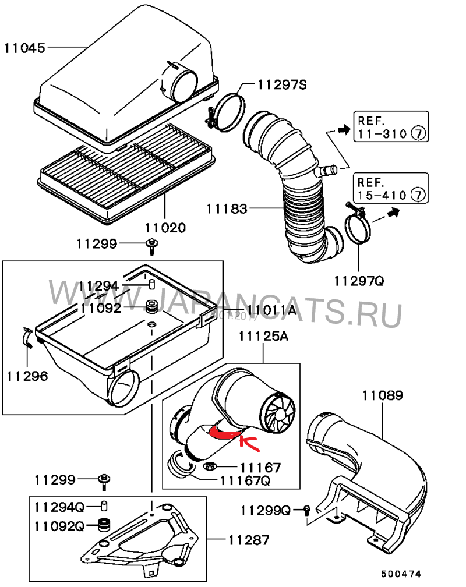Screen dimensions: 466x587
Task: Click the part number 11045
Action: tap(24, 48)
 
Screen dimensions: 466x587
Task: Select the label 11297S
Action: tap(282, 85)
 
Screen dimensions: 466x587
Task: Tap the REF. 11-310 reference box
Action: tap(391, 126)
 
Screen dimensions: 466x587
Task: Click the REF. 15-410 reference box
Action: tap(391, 188)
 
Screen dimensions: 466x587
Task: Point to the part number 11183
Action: tap(227, 208)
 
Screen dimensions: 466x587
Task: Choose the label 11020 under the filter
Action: tap(165, 227)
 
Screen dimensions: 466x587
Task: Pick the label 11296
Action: tap(27, 376)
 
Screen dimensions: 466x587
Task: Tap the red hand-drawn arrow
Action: tap(249, 443)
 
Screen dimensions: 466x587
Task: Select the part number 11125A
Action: tap(263, 336)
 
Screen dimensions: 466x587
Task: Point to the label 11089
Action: tap(383, 395)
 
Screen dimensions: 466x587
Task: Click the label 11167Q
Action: tap(245, 480)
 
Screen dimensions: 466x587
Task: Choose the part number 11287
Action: tap(249, 540)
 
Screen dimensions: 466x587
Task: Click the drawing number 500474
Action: tap(401, 574)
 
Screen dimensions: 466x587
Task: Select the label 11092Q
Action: tap(59, 526)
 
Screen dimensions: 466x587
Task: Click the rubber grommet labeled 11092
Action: tap(152, 306)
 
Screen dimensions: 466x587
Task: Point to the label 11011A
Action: tap(271, 310)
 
